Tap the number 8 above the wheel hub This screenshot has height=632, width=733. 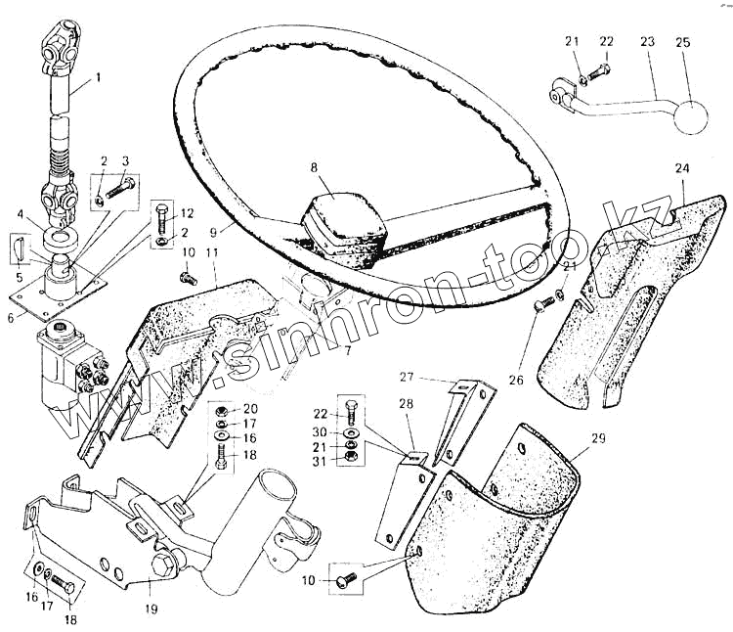315,166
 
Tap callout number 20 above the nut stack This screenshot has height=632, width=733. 251,408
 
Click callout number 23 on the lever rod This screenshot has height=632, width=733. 648,42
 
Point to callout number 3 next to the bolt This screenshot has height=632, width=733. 125,159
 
